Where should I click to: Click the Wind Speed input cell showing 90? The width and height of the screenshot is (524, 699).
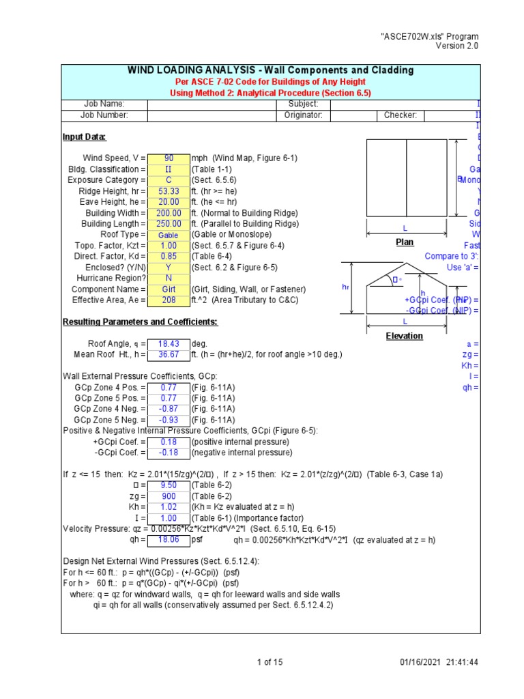[169, 158]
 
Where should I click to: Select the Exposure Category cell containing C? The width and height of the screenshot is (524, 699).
[169, 180]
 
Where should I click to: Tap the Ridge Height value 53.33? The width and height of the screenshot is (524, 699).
[169, 191]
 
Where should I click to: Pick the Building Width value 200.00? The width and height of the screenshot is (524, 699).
[169, 213]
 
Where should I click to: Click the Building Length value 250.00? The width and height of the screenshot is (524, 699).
[169, 224]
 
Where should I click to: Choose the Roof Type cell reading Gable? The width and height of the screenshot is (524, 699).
[169, 235]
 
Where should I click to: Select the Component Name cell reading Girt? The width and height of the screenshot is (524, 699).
[169, 289]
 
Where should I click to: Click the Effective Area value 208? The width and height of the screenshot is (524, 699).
[169, 300]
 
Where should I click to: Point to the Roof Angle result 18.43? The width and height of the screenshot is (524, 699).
[169, 343]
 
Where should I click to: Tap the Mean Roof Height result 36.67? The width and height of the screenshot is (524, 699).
[169, 354]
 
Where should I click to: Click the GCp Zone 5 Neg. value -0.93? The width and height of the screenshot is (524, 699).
[169, 420]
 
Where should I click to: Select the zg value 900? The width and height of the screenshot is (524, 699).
[169, 496]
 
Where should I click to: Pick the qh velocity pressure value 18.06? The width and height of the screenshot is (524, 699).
[169, 539]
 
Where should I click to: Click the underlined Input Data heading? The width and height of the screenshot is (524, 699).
[84, 137]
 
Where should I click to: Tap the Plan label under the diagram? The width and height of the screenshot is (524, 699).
[405, 242]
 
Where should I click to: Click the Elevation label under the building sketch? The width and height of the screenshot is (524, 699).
[404, 336]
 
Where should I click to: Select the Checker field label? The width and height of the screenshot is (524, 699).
[400, 115]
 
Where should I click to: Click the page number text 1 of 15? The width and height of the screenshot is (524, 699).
[270, 662]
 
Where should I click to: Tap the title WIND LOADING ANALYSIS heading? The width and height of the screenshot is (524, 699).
[270, 70]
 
